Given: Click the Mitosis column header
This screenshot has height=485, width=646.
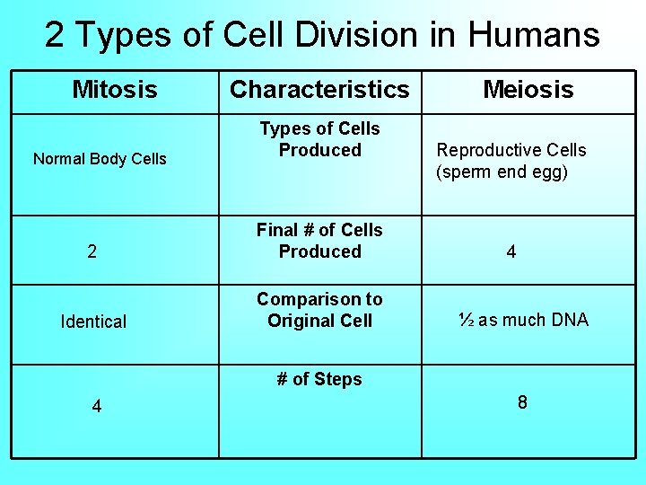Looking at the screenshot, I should pos(114,90).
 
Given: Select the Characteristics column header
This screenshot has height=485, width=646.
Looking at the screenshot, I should pos(319,90).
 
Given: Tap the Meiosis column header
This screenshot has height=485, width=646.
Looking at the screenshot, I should pos(528,90).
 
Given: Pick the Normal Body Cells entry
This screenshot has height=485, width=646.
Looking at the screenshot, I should pos(100,159).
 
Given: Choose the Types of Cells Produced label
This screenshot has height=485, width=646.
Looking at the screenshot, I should pos(319,139).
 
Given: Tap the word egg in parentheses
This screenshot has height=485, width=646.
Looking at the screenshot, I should pos(549,172).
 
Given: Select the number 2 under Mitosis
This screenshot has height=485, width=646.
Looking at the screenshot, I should pos(92,252).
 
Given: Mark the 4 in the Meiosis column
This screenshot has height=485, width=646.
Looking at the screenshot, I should pos(511,252).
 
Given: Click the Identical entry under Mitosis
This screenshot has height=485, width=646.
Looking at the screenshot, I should pos(93,322).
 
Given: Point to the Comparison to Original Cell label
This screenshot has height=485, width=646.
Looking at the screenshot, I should pos(319,310).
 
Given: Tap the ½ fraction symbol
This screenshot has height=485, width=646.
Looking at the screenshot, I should pos(466,320).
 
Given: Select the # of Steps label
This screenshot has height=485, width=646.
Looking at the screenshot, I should pos(319,379).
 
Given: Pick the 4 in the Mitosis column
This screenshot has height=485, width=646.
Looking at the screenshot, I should pos(97,407).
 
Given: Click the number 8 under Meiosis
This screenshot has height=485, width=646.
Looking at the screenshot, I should pos(522,402).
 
